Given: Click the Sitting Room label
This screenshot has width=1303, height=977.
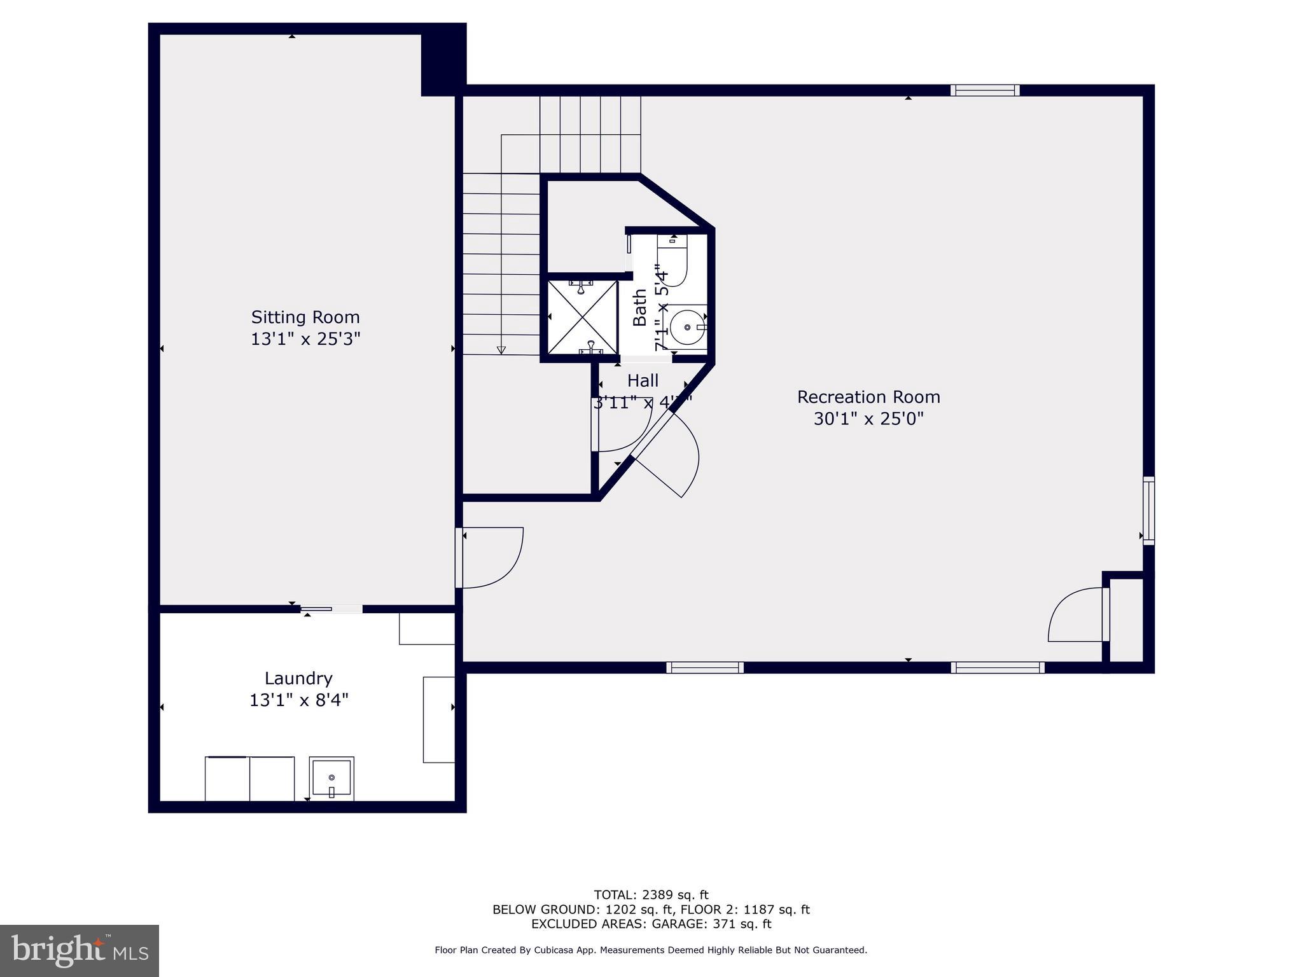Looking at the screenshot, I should tap(305, 317).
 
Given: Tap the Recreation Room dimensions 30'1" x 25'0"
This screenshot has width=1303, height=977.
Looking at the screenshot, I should tap(868, 419).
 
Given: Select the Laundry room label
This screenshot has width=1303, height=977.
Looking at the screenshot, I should tap(298, 678).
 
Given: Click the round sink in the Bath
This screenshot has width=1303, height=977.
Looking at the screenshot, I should tap(687, 327).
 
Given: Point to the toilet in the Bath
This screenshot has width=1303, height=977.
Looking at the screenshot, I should tap(673, 262).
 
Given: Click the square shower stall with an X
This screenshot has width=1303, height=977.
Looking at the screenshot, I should tap(582, 317).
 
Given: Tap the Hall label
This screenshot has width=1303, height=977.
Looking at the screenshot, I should tap(643, 381).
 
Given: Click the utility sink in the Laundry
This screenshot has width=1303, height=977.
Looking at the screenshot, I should tap(331, 777).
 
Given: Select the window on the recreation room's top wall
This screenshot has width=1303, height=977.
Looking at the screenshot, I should tap(984, 90).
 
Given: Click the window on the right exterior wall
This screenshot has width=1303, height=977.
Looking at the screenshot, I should tap(1148, 511).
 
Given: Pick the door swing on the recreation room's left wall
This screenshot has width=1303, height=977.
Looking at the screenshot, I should tap(490, 557).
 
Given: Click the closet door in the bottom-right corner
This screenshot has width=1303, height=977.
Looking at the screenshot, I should tap(1078, 615).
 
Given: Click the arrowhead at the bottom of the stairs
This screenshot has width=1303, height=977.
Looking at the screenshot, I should tap(501, 350).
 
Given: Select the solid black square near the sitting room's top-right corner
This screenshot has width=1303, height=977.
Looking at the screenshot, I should tap(443, 60).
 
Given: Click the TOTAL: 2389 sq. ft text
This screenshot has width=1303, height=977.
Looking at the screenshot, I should tap(651, 895).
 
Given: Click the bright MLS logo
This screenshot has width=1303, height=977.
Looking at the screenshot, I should tap(80, 950).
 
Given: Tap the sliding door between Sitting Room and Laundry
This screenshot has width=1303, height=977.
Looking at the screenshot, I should tap(331, 609).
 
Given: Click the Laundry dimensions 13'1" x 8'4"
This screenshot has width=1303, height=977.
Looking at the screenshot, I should tap(298, 700).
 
